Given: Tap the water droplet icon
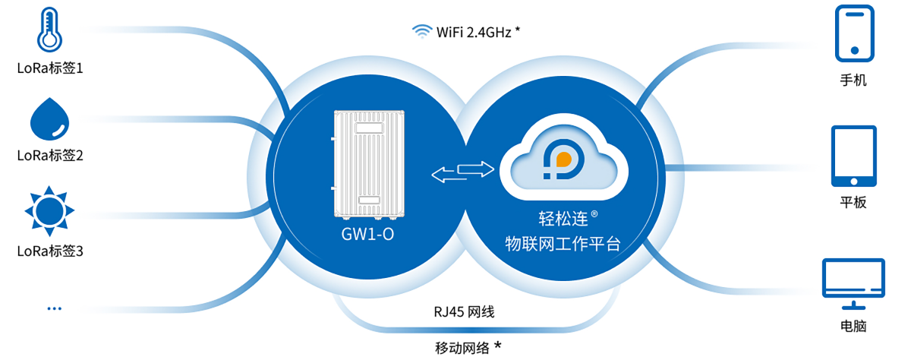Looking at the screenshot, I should pos(50,119).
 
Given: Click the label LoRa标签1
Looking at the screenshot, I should pos(50,68).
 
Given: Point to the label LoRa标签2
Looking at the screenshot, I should pos(50,156).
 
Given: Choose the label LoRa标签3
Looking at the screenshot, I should pos(50,251).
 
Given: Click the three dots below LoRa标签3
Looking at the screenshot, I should pos(54,308).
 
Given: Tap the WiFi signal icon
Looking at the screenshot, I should pos(421,31).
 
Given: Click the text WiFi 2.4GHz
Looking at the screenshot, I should pos(473,31).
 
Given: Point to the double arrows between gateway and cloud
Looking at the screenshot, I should pos(462,172).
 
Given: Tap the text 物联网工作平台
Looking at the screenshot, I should pos(563,244).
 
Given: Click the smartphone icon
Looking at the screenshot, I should pos(853,33).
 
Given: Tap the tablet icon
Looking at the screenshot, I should pos(854,156).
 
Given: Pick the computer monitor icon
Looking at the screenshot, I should pos(854,283).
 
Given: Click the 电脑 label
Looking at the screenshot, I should pos(853,327).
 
